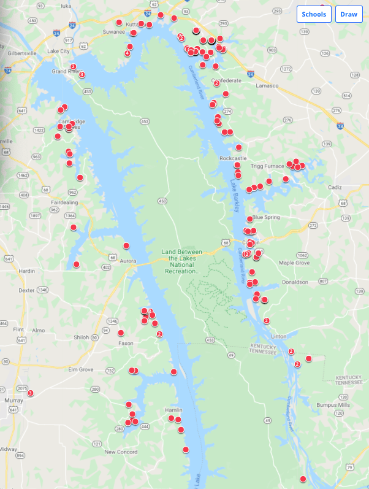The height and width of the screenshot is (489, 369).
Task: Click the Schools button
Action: click(314, 14)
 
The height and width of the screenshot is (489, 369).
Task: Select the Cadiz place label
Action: click(335, 187)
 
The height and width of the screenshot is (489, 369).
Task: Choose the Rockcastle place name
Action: click(233, 158)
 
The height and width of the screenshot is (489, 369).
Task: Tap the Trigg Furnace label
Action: click(268, 166)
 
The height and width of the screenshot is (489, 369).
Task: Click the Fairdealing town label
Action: click(64, 202)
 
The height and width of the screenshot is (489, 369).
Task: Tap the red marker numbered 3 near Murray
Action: click(30, 393)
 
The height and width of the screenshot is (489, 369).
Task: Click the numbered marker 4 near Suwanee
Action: click(127, 53)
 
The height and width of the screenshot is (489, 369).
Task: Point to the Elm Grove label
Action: click(80, 370)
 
